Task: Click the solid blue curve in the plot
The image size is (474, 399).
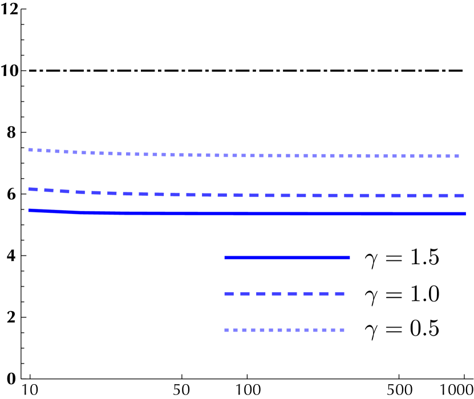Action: [x=285, y=213]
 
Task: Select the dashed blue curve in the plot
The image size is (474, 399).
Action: [x=285, y=195]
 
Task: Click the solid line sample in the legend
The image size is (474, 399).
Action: [x=287, y=258]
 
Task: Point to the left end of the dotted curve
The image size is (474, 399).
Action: [x=31, y=150]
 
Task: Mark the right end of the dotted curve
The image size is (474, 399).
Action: [x=457, y=156]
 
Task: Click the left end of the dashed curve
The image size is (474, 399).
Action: [x=30, y=189]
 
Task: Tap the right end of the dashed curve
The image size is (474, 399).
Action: [x=463, y=195]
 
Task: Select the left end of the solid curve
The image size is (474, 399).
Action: [x=30, y=211]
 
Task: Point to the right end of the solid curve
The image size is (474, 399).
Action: [x=465, y=213]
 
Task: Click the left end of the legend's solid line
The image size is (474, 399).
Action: [x=226, y=258]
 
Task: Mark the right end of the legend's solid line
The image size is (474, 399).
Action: [x=349, y=258]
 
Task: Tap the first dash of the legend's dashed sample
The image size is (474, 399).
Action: [x=229, y=293]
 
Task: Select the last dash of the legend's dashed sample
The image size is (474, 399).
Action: [x=339, y=293]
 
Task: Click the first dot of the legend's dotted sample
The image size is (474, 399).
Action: [x=226, y=330]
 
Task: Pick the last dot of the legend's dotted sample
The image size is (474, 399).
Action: [x=342, y=330]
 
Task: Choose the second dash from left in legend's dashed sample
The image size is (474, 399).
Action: [x=245, y=293]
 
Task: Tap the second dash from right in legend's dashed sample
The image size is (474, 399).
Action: [x=323, y=293]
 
